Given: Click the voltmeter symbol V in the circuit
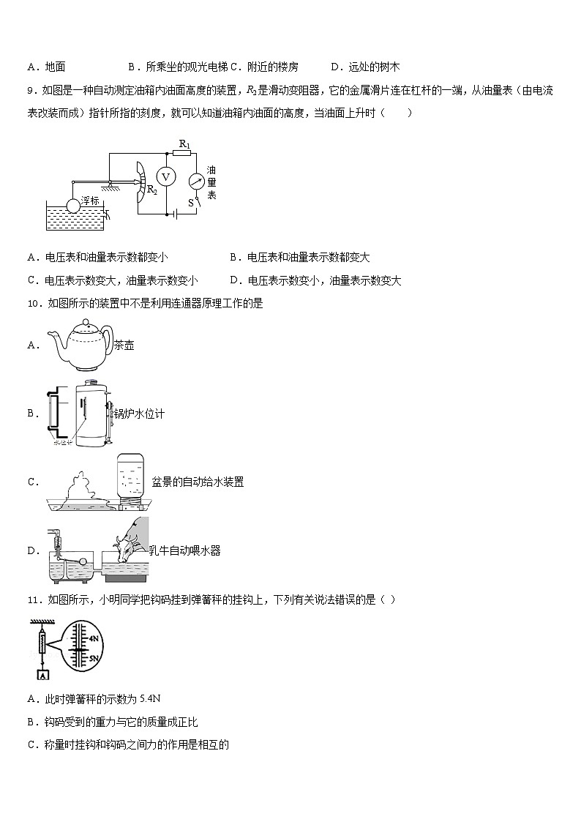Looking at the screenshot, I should pyautogui.click(x=165, y=177).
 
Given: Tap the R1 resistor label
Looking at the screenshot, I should pyautogui.click(x=184, y=144).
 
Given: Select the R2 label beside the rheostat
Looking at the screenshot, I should pyautogui.click(x=152, y=190).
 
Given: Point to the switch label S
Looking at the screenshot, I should pyautogui.click(x=190, y=203).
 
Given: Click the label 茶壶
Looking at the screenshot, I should pyautogui.click(x=124, y=345).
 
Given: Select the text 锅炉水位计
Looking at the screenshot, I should pyautogui.click(x=139, y=414).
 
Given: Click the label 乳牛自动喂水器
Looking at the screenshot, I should pyautogui.click(x=184, y=550).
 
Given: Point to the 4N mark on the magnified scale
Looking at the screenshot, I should pyautogui.click(x=93, y=638).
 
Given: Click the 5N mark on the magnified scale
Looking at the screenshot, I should pyautogui.click(x=93, y=658).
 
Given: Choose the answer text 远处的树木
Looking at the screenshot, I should pyautogui.click(x=374, y=67).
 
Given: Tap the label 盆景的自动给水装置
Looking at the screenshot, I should pyautogui.click(x=198, y=482).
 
